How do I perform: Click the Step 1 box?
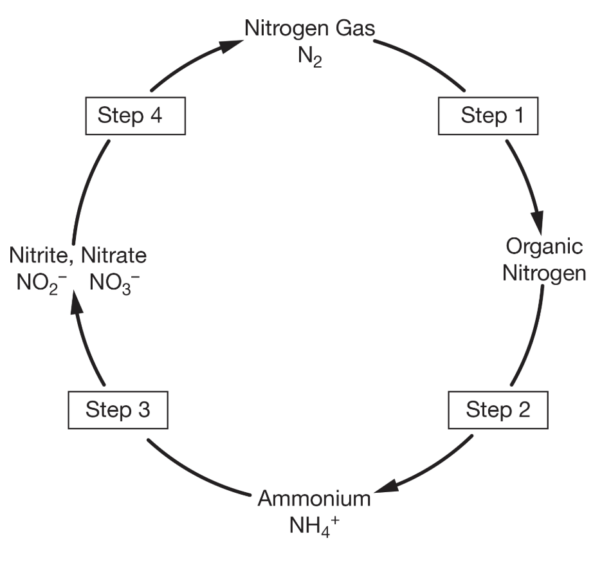[x=487, y=116]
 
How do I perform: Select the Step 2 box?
[x=498, y=410]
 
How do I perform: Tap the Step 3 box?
[x=118, y=410]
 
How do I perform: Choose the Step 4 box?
[x=135, y=116]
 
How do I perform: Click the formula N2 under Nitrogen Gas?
[x=309, y=57]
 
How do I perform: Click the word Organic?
[x=544, y=246]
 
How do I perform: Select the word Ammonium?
[x=315, y=499]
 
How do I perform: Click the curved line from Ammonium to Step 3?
[x=193, y=474]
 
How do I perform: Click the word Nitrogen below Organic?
[x=544, y=273]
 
